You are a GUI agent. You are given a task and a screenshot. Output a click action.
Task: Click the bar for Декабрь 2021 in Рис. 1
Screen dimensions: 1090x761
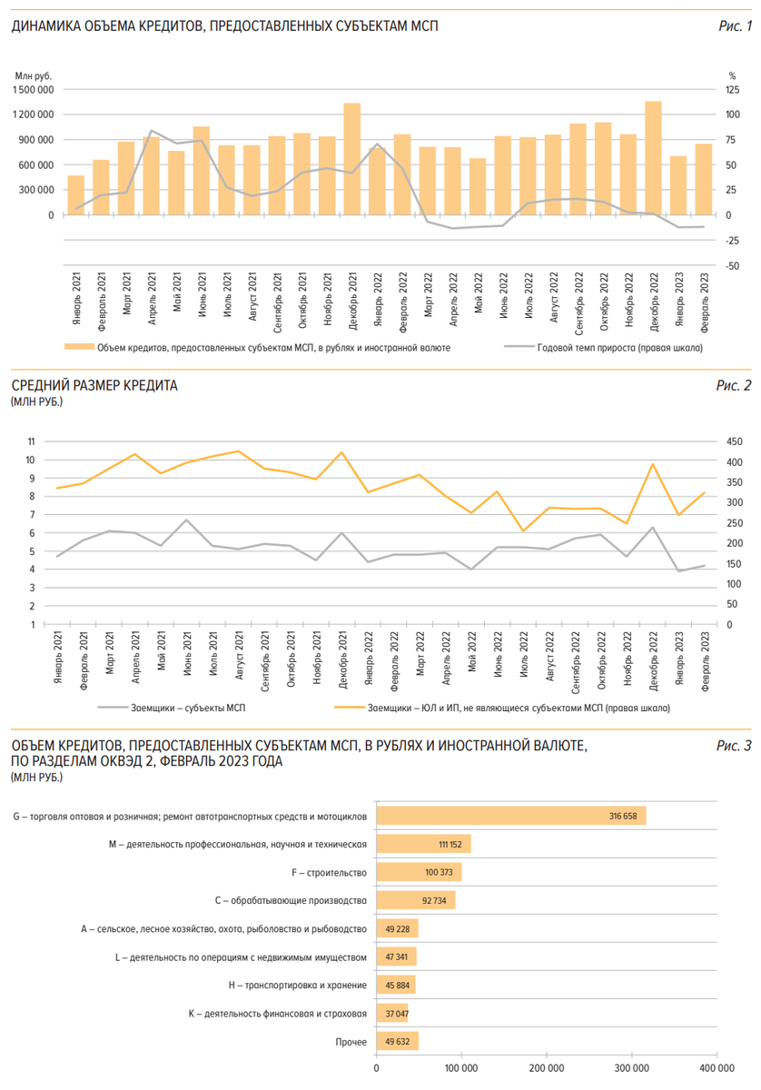point(352,160)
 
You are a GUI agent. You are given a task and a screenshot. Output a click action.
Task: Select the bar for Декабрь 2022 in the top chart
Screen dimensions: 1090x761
point(653,159)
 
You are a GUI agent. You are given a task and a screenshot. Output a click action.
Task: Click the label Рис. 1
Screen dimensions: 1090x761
point(735,26)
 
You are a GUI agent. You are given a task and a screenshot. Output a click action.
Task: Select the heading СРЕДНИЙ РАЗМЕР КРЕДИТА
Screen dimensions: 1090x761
point(94,386)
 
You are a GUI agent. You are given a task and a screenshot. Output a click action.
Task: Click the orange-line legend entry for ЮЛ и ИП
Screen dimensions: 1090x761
point(519,707)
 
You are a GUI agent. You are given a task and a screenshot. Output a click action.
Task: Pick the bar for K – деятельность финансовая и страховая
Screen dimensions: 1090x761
point(392,1014)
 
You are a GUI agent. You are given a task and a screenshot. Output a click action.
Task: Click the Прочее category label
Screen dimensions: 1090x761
point(351,1042)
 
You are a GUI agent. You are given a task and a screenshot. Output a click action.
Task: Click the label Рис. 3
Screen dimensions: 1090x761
point(735,746)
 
